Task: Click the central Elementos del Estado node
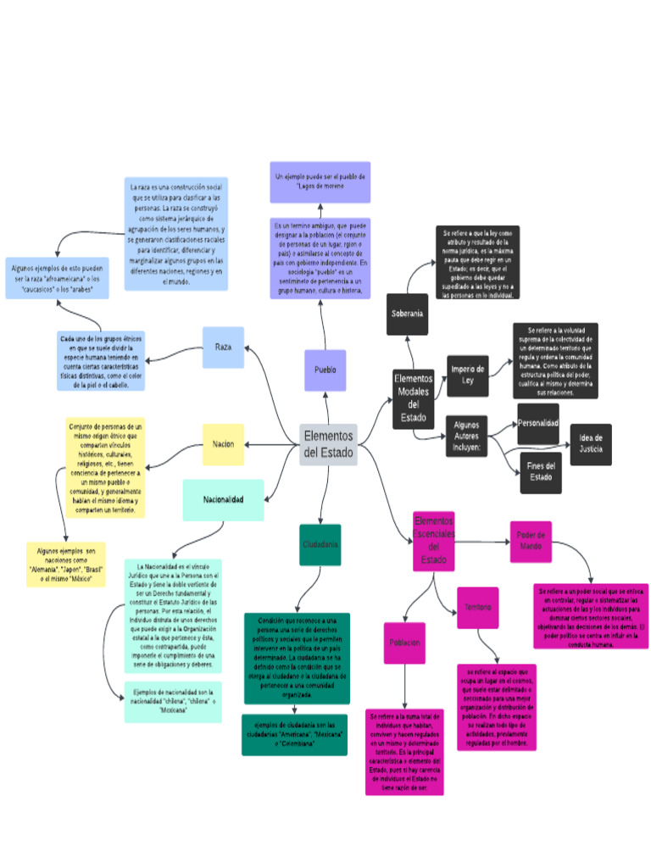click(328, 444)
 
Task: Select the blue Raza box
click(223, 348)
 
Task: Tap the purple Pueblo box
click(325, 370)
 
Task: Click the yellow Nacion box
click(223, 444)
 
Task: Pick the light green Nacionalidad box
click(223, 500)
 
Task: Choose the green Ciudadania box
click(320, 544)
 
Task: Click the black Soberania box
click(407, 314)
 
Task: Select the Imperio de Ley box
click(467, 376)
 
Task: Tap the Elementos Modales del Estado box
click(414, 398)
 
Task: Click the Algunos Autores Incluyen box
click(466, 436)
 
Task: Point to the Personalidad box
click(538, 422)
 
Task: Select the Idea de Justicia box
click(591, 444)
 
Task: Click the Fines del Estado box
click(540, 472)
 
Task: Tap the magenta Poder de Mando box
click(531, 541)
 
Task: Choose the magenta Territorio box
click(477, 608)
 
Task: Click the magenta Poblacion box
click(404, 643)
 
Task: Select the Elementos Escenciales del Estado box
click(433, 541)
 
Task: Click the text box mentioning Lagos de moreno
click(320, 182)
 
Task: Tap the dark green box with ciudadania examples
click(294, 734)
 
